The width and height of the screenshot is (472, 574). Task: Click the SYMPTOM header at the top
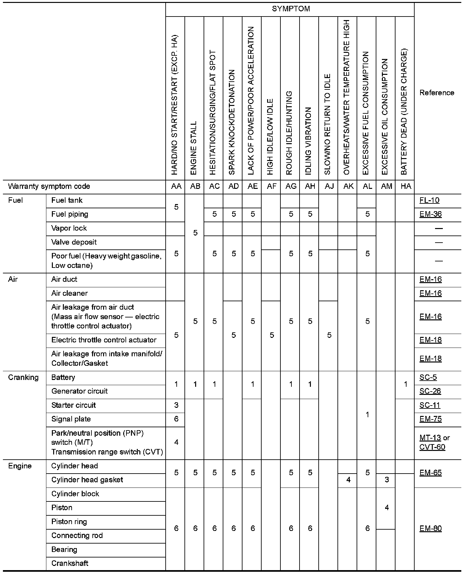tap(291, 9)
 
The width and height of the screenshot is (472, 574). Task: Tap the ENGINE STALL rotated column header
tap(194, 148)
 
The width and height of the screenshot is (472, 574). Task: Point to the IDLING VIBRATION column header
tap(309, 141)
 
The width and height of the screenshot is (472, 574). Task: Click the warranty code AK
tap(348, 187)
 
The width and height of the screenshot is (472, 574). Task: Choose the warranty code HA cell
tap(406, 187)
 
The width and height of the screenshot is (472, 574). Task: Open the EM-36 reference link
tap(431, 214)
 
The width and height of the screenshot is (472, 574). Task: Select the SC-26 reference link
tap(430, 391)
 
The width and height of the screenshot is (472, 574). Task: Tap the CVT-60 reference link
tap(432, 447)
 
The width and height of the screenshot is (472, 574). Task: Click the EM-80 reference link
tap(431, 529)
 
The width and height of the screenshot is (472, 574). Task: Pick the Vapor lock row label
tap(69, 228)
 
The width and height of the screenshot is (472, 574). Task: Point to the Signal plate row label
tap(71, 419)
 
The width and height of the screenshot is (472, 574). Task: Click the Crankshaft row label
tap(70, 563)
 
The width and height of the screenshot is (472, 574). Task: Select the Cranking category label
tap(23, 378)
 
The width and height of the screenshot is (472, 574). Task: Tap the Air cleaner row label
tap(69, 293)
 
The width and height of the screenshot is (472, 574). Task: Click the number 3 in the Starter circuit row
tap(176, 405)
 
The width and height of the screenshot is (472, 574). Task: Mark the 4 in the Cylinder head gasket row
tap(348, 480)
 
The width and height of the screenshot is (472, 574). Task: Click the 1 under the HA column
tap(406, 385)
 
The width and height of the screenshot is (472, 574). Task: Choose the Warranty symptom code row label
tap(49, 187)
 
